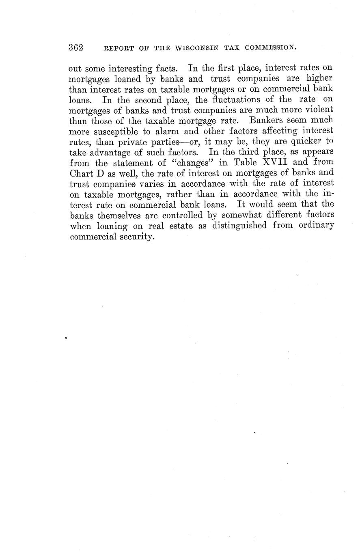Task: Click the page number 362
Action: pyautogui.click(x=76, y=47)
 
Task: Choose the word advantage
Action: pyautogui.click(x=108, y=153)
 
